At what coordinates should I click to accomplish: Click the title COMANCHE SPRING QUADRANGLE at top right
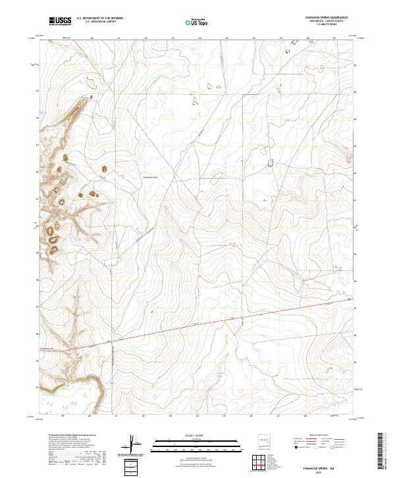tap(327, 17)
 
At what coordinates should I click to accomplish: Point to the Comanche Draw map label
tap(151, 177)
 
